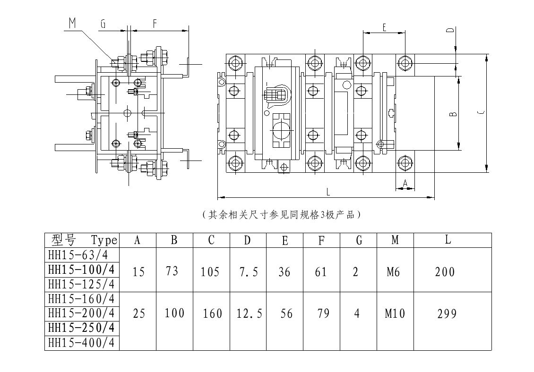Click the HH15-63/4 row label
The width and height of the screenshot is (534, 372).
click(81, 255)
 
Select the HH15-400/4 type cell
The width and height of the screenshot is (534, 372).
click(81, 343)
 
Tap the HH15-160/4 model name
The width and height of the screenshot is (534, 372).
click(81, 299)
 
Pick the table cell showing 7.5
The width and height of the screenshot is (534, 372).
click(247, 272)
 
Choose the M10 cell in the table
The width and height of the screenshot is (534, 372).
click(395, 313)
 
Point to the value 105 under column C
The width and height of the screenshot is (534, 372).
click(210, 272)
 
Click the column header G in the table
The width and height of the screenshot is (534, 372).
click(359, 240)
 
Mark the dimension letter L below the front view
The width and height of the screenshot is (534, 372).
click(328, 192)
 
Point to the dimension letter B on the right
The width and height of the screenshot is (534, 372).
click(452, 114)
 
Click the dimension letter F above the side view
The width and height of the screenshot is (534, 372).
click(155, 23)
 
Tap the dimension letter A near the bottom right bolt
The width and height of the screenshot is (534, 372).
click(405, 182)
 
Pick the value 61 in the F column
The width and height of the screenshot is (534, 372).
click(321, 272)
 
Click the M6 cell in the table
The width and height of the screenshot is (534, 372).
click(395, 272)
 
